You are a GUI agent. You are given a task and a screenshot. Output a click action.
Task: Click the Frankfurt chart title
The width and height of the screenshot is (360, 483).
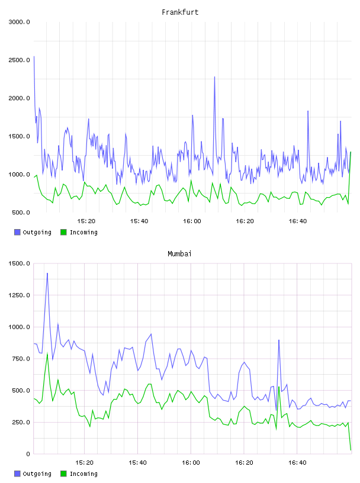180,12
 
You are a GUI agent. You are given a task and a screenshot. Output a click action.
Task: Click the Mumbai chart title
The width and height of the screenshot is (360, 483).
179,254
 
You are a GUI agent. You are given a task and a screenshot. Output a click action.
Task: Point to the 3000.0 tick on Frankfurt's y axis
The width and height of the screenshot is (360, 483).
19,22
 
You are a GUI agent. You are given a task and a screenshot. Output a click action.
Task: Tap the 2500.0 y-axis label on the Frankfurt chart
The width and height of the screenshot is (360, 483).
19,60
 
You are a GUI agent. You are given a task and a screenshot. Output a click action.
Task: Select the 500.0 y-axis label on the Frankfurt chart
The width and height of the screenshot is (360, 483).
21,212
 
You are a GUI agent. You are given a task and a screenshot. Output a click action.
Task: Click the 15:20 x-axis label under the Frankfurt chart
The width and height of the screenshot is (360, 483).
86,221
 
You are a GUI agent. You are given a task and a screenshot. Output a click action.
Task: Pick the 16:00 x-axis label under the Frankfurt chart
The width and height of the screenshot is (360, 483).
192,221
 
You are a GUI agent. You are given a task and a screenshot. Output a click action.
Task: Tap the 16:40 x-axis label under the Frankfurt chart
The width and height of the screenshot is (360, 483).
297,221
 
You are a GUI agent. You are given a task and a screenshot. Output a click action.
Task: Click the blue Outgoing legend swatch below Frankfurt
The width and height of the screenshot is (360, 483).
17,232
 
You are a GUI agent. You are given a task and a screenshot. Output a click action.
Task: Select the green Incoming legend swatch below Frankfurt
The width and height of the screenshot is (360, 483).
63,232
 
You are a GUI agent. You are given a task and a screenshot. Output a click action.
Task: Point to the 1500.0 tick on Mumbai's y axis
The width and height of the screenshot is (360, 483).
19,263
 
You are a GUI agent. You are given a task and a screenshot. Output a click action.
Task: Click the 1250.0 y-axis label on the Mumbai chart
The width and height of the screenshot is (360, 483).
19,295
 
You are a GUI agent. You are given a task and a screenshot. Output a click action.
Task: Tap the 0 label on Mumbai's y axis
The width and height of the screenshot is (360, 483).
28,454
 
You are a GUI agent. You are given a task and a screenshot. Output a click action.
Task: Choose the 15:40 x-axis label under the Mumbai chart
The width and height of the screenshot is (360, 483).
137,463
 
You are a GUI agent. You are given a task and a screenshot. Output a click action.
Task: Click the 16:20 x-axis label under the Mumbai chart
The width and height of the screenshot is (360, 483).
244,463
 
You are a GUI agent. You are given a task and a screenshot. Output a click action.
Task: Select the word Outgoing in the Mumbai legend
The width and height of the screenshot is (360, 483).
37,474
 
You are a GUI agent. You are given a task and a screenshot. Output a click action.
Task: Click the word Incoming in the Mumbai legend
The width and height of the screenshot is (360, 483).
83,474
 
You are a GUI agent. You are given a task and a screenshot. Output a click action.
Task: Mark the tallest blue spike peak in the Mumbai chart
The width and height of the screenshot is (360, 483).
47,273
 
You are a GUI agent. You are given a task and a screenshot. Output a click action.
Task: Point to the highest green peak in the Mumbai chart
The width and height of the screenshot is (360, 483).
47,353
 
